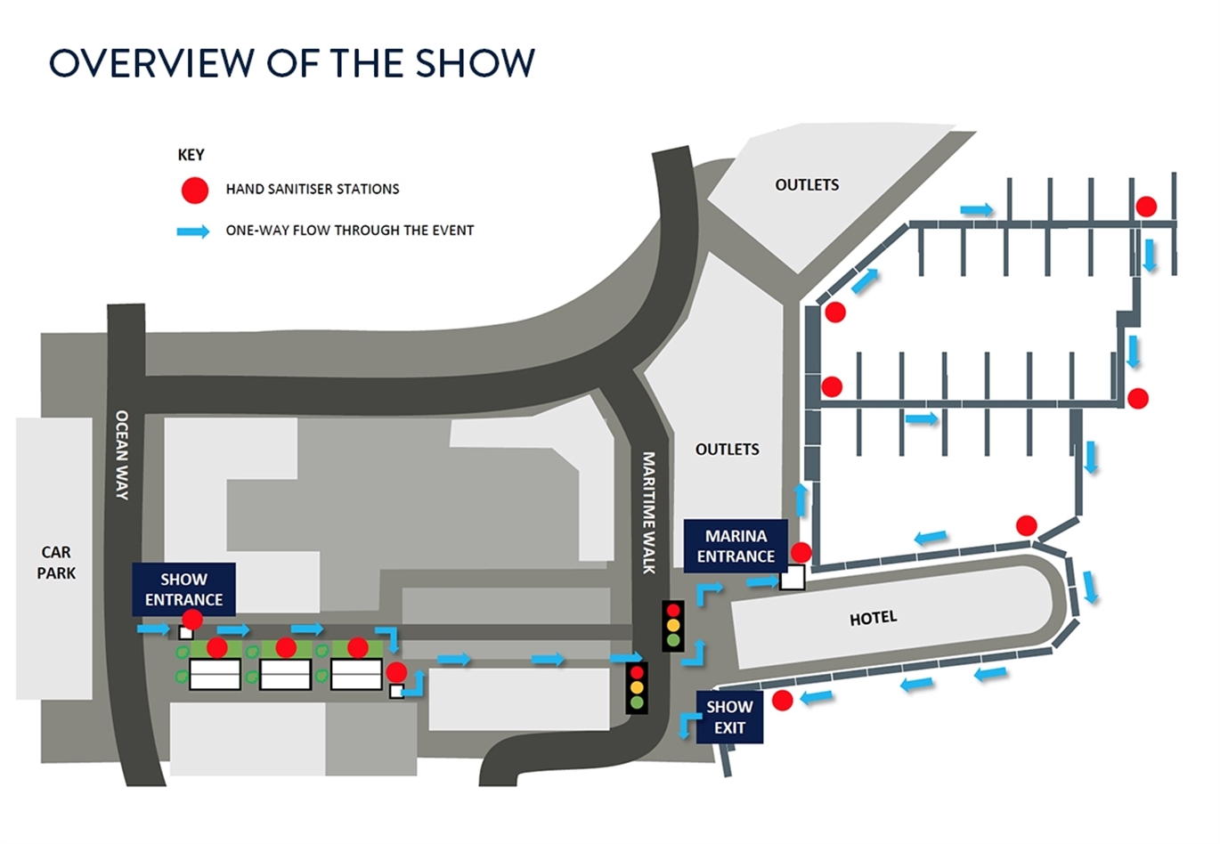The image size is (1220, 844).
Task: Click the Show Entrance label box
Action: (184, 589)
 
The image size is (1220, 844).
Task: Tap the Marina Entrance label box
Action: (736, 546)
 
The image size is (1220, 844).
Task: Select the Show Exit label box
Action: (730, 717)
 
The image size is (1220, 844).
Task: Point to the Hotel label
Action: (873, 618)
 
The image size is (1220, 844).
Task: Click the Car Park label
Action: (56, 563)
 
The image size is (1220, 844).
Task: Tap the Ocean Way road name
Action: (122, 455)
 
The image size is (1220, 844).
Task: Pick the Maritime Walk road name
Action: (648, 513)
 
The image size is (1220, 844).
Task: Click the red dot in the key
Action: (194, 191)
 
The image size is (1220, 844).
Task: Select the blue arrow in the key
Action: (193, 231)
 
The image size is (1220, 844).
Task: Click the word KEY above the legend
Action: (191, 155)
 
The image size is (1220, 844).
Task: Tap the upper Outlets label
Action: (807, 185)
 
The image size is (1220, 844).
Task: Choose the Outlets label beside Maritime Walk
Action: (727, 450)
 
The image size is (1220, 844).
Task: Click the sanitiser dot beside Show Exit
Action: (782, 701)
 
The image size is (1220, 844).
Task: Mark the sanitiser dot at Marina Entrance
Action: (801, 553)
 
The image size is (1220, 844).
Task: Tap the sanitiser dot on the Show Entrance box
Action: (192, 620)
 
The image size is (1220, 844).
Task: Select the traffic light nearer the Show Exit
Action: (637, 687)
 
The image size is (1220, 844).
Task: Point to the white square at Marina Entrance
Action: (793, 577)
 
